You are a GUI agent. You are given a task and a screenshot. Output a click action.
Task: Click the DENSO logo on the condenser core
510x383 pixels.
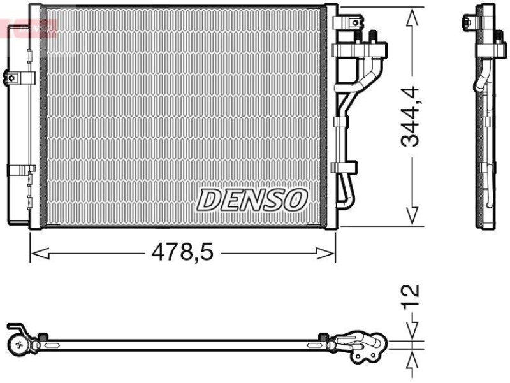[252, 199]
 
